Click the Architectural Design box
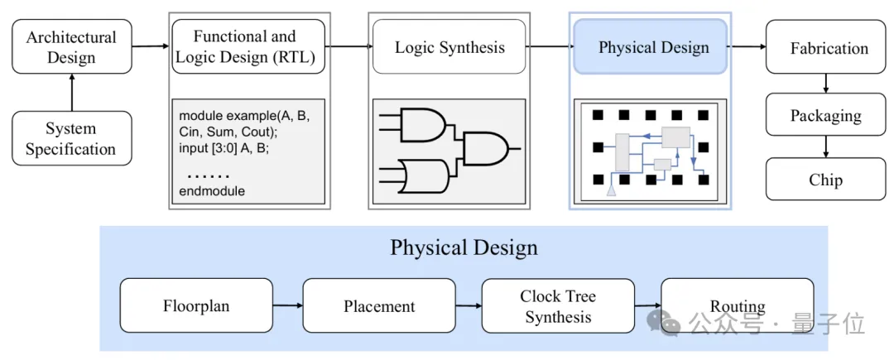[x=72, y=47]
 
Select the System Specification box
[x=72, y=139]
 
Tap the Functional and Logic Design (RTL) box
[x=244, y=47]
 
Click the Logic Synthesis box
[x=449, y=47]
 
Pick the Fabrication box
[x=829, y=47]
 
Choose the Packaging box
[x=825, y=115]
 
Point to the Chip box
[x=825, y=180]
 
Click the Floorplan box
[x=196, y=305]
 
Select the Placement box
[x=379, y=305]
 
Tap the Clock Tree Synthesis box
[x=558, y=305]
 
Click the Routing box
[x=737, y=305]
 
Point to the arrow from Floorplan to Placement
[x=287, y=306]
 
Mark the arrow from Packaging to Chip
[x=825, y=147]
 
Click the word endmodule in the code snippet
[x=212, y=191]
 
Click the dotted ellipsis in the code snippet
[x=208, y=175]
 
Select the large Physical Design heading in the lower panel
[x=464, y=247]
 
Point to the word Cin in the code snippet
[x=190, y=132]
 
